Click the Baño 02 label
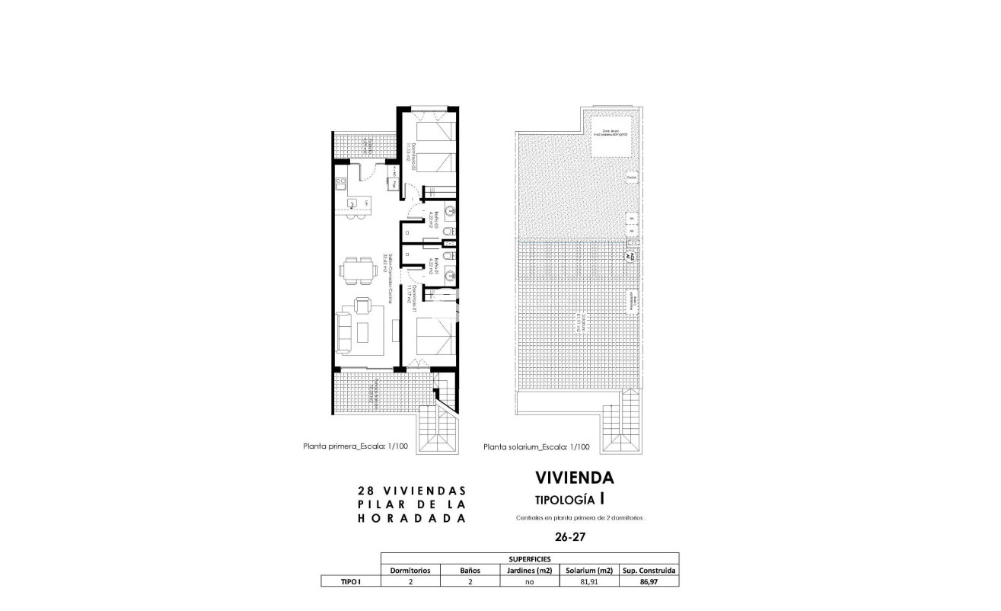pos(430,220)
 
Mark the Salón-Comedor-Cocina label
pos(390,277)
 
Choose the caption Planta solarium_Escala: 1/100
pos(537,448)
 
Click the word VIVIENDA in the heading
pos(575,478)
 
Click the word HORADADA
pos(411,518)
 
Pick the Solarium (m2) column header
pos(588,570)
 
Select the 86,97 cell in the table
pos(649,581)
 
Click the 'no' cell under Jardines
pos(529,581)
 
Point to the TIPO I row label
pos(350,581)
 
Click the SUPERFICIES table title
pos(529,558)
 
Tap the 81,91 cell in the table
pos(588,581)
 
